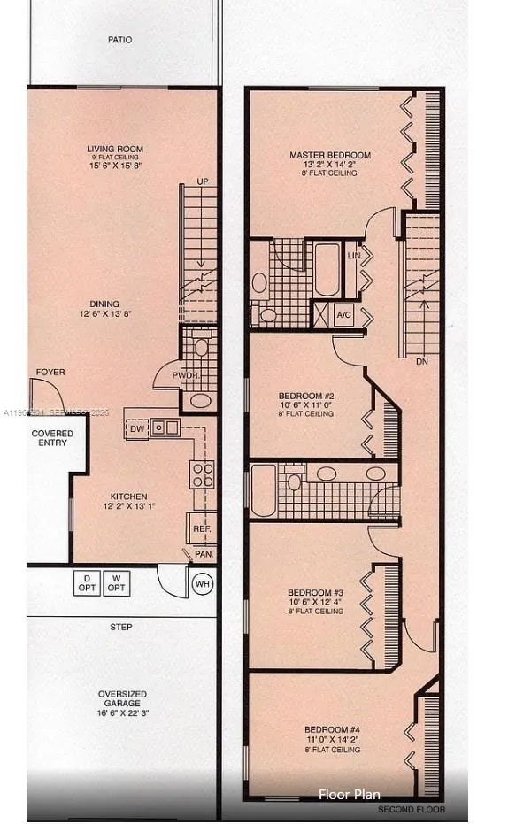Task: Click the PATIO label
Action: coord(120,40)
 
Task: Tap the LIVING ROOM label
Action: coord(115,149)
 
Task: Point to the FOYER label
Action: coord(50,373)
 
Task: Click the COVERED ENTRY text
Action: coord(52,438)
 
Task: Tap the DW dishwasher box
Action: coord(137,428)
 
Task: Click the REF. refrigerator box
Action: coord(201,528)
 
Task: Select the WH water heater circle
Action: coord(202,584)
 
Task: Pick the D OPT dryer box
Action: coord(86,584)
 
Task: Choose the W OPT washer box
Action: coord(115,584)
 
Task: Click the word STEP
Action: coord(121,628)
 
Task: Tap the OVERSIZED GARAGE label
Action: coord(122,699)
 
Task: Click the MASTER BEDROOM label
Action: coord(330,156)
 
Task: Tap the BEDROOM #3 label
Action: coord(315,593)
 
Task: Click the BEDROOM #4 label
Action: coord(333,731)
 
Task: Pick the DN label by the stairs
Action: coord(421,361)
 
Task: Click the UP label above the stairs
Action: coord(203,181)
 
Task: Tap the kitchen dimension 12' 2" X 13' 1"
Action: coord(128,507)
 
